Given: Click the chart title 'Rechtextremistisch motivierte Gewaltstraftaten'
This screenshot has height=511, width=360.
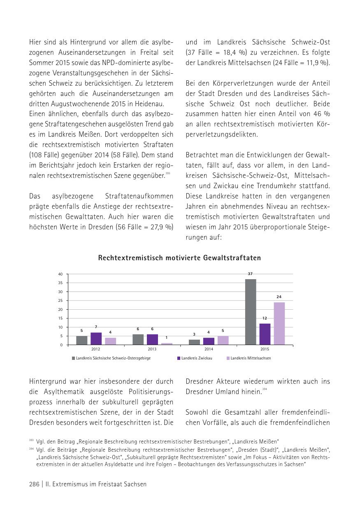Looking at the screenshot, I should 179,258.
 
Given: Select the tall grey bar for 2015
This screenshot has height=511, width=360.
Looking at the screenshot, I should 251,312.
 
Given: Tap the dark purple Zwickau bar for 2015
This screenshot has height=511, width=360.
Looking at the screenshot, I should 265,334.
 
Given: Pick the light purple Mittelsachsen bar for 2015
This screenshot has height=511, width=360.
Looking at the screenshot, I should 279,323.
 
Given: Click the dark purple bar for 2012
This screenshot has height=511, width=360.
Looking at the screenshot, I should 96,338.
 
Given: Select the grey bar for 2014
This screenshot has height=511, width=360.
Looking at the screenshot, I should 194,342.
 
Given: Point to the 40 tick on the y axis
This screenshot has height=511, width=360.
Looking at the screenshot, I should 60,274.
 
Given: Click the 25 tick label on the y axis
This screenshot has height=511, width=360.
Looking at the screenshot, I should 60,301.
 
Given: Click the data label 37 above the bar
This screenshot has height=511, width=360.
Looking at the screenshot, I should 250,274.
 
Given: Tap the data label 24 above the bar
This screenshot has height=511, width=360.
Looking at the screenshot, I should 279,297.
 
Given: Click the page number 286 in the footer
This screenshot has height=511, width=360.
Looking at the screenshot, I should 34,484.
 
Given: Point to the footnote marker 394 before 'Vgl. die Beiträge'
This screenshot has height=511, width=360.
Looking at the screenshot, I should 31,449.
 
